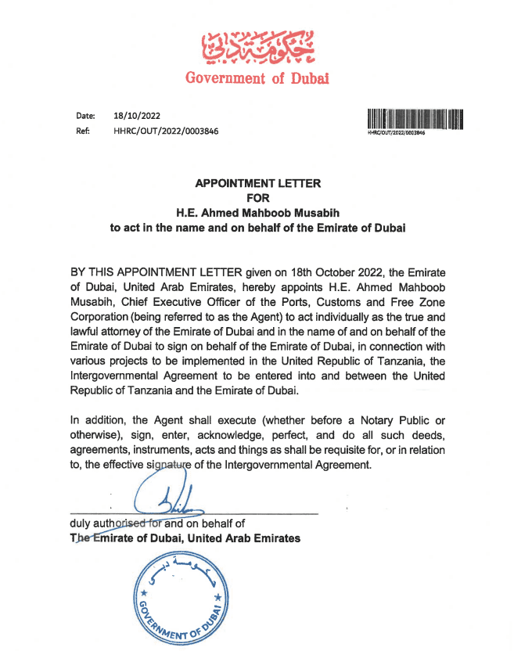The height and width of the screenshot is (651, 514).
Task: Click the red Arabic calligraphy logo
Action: coord(257,47)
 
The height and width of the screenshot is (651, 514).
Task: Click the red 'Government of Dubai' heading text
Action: coord(257,78)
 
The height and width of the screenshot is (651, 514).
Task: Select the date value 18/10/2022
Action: coord(136,116)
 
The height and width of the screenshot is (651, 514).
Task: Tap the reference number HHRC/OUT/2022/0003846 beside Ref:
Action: coord(166,131)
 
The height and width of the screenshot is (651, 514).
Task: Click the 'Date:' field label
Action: coord(85,116)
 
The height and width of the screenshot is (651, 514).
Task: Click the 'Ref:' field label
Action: coord(83,131)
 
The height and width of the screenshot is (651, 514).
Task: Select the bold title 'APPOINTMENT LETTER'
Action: coord(257,183)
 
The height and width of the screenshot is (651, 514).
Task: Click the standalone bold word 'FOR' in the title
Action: coord(257,198)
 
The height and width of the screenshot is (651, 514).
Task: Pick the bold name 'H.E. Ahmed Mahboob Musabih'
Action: coord(257,213)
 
